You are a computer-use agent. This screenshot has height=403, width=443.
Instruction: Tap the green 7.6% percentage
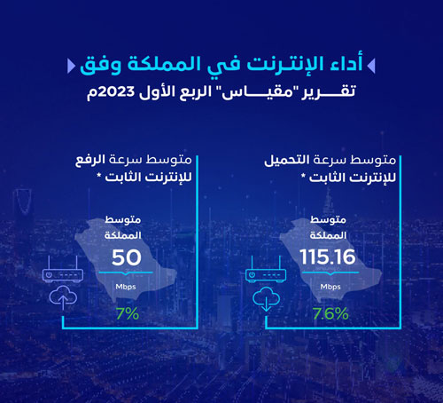[x=330, y=313]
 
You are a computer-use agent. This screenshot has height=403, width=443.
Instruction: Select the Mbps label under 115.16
[x=330, y=288]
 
